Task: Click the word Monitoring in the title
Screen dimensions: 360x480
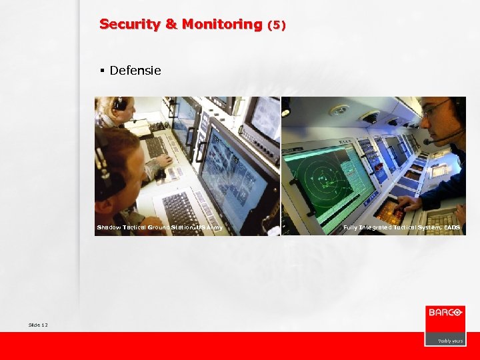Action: (221, 25)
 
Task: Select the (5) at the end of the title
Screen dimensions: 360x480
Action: (276, 25)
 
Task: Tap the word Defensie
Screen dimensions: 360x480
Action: (135, 70)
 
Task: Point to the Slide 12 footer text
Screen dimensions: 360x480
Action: (38, 325)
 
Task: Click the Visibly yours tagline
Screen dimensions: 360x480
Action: (450, 341)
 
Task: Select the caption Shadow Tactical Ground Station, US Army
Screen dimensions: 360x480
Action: (159, 228)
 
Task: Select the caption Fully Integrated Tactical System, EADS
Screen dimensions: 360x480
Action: (401, 228)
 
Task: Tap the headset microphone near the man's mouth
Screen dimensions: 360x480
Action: (429, 141)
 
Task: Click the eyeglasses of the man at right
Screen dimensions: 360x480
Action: (435, 109)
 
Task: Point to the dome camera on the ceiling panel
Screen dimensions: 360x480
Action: (370, 117)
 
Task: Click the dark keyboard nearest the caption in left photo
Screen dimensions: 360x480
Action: (181, 212)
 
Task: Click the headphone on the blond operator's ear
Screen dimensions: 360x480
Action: (120, 103)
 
